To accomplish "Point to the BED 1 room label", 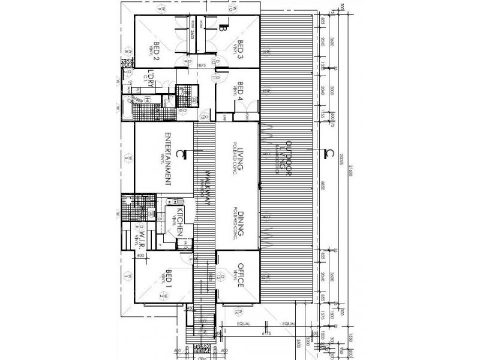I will point(169,280).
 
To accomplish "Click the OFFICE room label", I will point(239,274).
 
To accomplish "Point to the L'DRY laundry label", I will point(151,80).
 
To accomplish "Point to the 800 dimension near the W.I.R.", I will point(142,256).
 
